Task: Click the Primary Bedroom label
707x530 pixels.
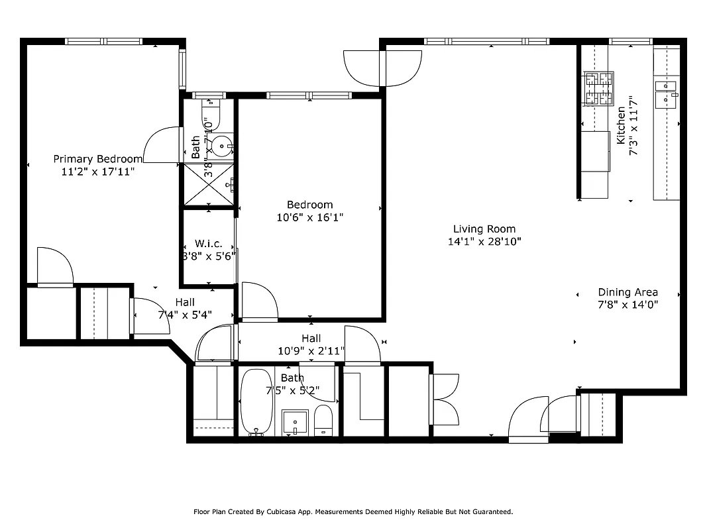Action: tap(97, 159)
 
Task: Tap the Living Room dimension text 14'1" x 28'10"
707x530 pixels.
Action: tap(484, 242)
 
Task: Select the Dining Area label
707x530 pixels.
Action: tap(627, 292)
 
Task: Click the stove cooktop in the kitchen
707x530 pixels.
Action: tap(598, 88)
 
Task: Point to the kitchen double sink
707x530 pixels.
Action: tap(666, 93)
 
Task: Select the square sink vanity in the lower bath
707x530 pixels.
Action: tap(295, 422)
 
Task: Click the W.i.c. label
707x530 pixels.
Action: tap(209, 244)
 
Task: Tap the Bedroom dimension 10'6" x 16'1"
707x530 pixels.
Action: tap(310, 217)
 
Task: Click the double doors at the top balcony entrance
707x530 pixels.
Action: tap(382, 68)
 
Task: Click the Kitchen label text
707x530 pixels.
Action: tap(621, 126)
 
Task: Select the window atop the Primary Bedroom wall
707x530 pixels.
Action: tap(103, 41)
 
